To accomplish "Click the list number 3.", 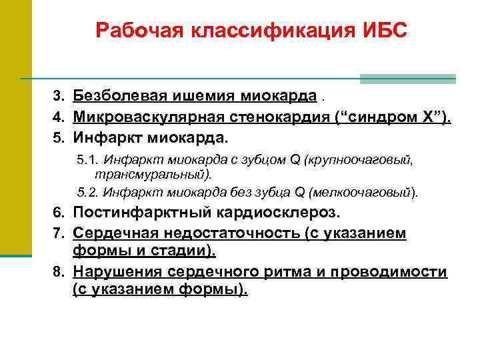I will (58, 97).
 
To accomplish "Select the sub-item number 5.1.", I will (86, 161).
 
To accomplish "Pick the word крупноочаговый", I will (368, 161).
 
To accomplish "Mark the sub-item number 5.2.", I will (86, 193).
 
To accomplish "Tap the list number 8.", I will (58, 273).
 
